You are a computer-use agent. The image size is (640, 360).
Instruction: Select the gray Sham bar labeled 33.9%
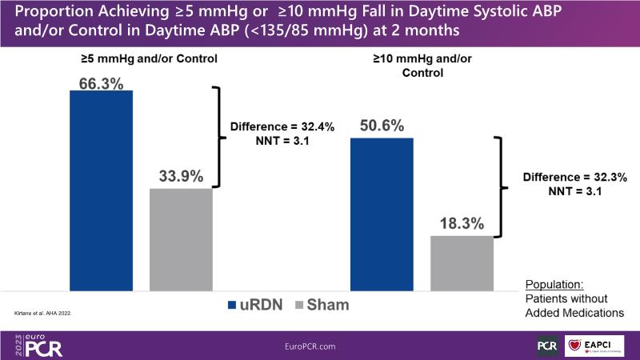point(181,238)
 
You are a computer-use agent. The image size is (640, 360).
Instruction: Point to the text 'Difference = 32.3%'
point(574,177)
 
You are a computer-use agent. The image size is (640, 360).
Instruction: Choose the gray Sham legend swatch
point(302,304)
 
